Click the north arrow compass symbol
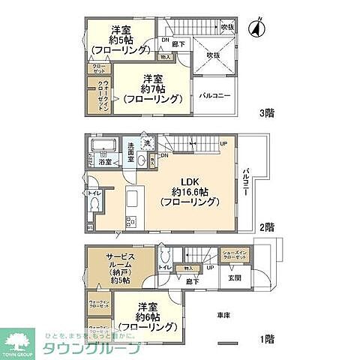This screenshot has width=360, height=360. coord(257,28)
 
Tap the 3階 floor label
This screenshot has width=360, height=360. coord(266,113)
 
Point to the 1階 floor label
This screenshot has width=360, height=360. coord(266,339)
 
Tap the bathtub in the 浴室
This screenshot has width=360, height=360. coord(100,145)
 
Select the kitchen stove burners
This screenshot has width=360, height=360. coord(129,222)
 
